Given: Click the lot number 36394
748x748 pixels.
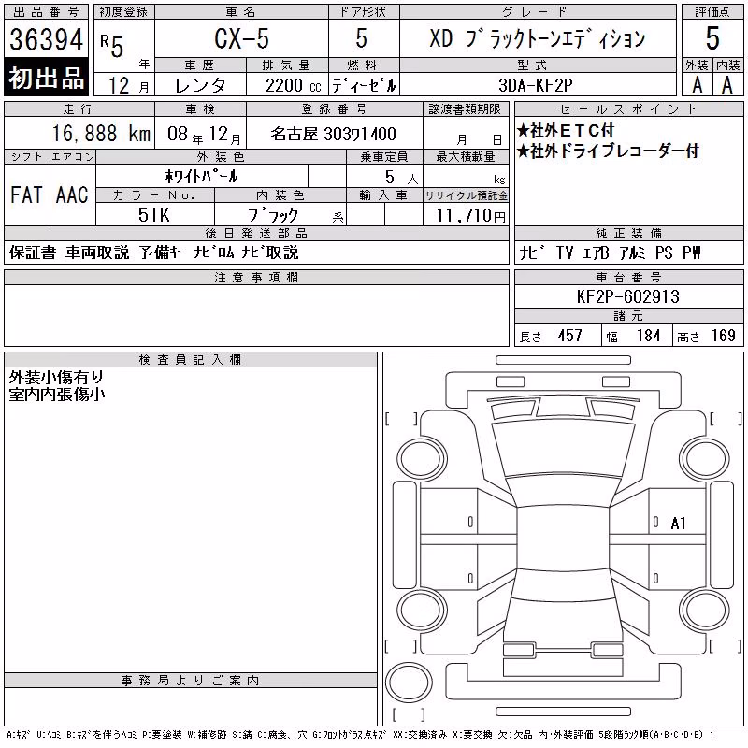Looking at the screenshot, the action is click(x=46, y=39).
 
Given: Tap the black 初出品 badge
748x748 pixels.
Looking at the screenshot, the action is click(x=46, y=78).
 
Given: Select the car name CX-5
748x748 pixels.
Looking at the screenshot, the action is click(x=241, y=38).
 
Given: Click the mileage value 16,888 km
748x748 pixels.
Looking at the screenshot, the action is click(x=101, y=134).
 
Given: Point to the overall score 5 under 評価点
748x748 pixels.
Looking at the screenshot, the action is click(x=712, y=38).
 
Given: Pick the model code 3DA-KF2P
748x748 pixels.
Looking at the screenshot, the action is click(x=535, y=85).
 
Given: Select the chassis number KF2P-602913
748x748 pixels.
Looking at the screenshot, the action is click(x=627, y=296).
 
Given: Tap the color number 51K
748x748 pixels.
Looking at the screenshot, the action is click(x=153, y=215).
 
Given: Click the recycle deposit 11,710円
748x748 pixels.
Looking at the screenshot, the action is click(x=471, y=216).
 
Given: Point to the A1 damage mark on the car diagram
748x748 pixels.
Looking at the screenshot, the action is click(x=678, y=524).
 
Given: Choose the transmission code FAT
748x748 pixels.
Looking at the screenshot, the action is click(x=26, y=194).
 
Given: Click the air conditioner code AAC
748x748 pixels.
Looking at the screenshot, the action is click(x=72, y=194).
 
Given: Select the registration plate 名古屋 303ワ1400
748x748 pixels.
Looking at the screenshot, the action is click(x=333, y=134).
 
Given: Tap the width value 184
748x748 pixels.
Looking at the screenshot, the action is click(x=648, y=336).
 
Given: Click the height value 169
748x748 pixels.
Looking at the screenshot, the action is click(x=723, y=336).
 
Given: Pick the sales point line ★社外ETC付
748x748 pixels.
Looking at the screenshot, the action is click(x=566, y=130).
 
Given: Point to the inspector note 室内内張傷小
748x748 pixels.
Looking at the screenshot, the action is click(x=57, y=395).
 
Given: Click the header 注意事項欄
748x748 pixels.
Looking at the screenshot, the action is click(x=256, y=277).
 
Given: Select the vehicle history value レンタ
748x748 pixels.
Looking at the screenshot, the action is click(x=200, y=86).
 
